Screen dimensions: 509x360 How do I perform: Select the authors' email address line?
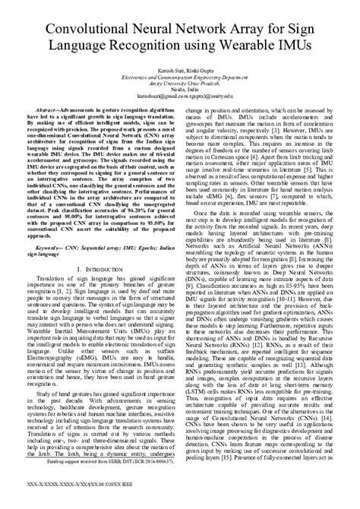tap(180, 99)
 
